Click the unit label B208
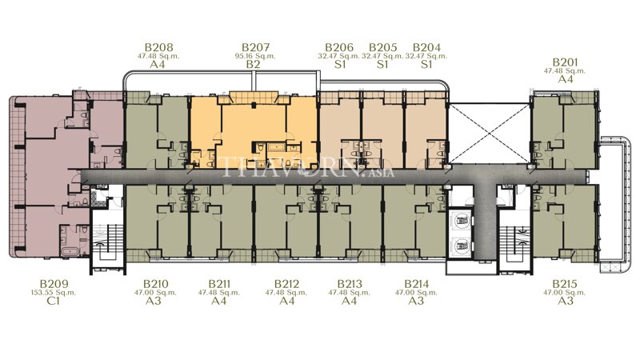point(157,47)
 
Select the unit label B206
point(339,47)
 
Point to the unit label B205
point(382,47)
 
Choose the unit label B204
point(426,47)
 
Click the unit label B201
point(566,62)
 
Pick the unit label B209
point(54,284)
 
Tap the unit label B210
point(155,284)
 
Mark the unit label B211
point(220,284)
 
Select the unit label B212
point(286,284)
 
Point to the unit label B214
point(416,284)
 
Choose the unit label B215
point(566,284)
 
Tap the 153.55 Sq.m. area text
point(54,293)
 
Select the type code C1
point(54,302)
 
